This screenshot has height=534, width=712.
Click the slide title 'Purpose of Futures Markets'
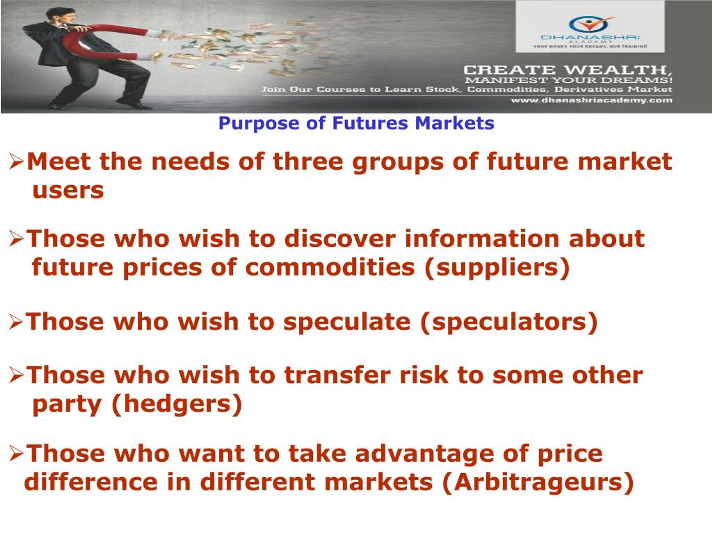[356, 123]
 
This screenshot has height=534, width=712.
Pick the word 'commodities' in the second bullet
[330, 268]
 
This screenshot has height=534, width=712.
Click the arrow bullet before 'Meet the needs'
[17, 162]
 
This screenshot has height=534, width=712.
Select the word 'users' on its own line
[68, 191]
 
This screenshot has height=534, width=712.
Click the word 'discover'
[340, 239]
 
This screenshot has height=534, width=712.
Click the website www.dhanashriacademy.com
[591, 100]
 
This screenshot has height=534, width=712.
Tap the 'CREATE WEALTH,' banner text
[567, 70]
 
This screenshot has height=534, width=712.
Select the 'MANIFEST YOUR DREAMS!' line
[568, 80]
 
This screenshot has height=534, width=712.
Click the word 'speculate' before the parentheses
[347, 322]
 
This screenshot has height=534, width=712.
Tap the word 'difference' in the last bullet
[91, 482]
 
